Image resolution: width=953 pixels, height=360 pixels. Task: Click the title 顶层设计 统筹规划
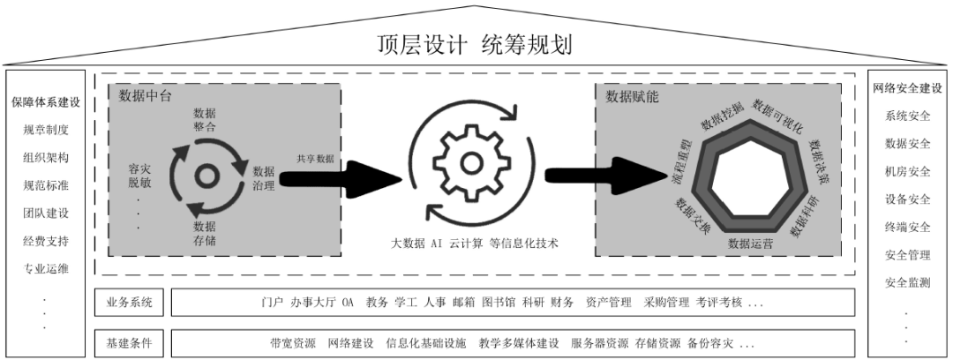tap(474, 44)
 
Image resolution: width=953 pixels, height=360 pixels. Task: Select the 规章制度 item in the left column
tap(46, 130)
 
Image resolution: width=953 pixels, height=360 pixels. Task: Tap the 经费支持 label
tap(46, 241)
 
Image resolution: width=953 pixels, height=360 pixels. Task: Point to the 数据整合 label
tap(204, 120)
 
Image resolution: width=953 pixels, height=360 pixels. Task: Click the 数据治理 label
tap(263, 178)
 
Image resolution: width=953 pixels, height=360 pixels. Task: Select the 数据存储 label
tap(204, 234)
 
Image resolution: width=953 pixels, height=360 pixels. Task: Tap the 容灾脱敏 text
tap(139, 175)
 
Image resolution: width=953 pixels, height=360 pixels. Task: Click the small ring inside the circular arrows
tap(206, 177)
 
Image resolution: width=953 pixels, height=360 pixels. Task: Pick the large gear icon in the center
tap(469, 163)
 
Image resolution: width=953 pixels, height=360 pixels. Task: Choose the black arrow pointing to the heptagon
tap(606, 176)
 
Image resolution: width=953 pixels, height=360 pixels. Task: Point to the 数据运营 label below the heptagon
tap(751, 244)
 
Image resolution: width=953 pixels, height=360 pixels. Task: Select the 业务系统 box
tap(129, 303)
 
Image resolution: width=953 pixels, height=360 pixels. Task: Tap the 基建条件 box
tap(129, 343)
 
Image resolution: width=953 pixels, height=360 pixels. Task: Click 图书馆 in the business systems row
tap(499, 303)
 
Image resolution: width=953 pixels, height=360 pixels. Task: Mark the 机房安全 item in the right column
tap(908, 171)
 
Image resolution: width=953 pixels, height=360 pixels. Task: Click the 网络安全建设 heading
tap(907, 88)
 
